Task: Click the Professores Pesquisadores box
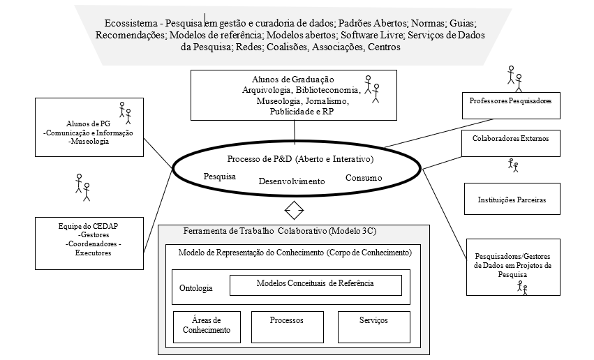pos(510,101)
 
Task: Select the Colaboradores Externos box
pos(510,138)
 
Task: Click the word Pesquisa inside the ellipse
pos(219,177)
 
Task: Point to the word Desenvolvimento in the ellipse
pos(292,181)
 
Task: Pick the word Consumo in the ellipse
pos(364,178)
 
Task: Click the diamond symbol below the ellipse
pos(294,209)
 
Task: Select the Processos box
pos(286,326)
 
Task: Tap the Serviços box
pos(373,326)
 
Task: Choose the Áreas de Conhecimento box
pos(206,326)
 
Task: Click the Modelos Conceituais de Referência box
pos(315,284)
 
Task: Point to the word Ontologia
pos(195,287)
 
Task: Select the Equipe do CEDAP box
pos(89,242)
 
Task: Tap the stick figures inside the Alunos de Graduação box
pos(373,89)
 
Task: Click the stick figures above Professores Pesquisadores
pos(514,77)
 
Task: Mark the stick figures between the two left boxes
pos(83,186)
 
